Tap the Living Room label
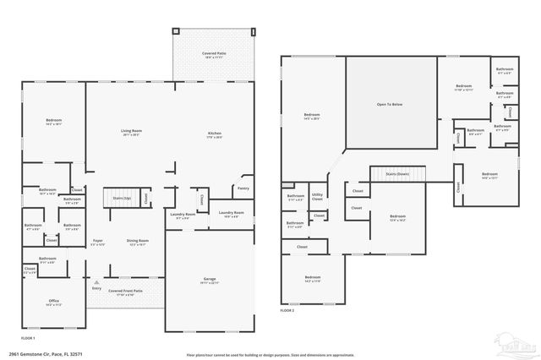[131, 133]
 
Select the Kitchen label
[216, 135]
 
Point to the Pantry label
[243, 188]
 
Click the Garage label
[209, 279]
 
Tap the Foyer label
[98, 242]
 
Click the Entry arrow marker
[96, 282]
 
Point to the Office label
[54, 302]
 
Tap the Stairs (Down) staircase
[396, 173]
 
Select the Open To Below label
[391, 106]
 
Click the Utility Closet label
[317, 197]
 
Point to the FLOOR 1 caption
[29, 335]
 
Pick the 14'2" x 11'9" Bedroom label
[313, 278]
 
